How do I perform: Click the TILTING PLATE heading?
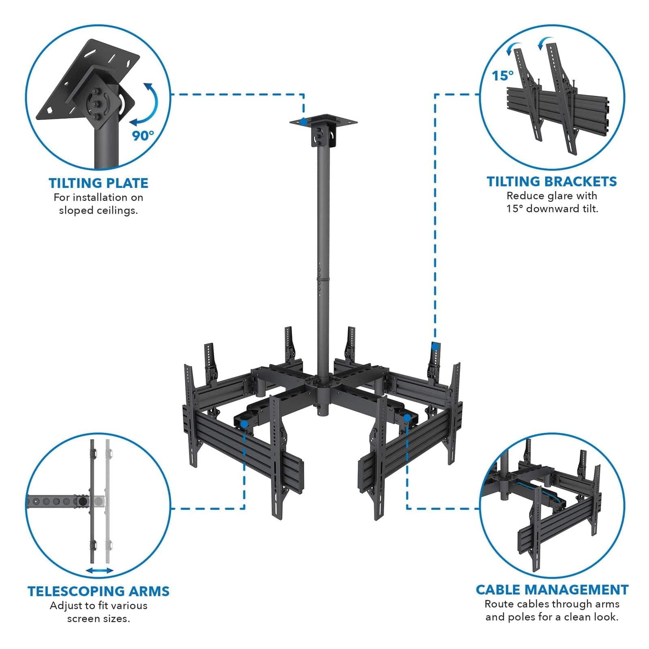[x=99, y=183]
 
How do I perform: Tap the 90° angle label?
[x=143, y=135]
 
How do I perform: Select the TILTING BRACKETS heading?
[x=552, y=181]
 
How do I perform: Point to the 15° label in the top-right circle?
[x=503, y=75]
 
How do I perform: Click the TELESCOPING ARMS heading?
[x=99, y=591]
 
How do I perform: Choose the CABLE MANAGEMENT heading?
[x=552, y=589]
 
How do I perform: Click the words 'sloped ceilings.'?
[x=99, y=211]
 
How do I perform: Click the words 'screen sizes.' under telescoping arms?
[x=99, y=619]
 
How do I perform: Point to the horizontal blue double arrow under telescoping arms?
[x=100, y=570]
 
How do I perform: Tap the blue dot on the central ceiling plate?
[x=303, y=121]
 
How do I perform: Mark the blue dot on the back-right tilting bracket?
[x=435, y=346]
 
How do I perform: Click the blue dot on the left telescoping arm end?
[x=244, y=424]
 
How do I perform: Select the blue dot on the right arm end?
[x=406, y=417]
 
